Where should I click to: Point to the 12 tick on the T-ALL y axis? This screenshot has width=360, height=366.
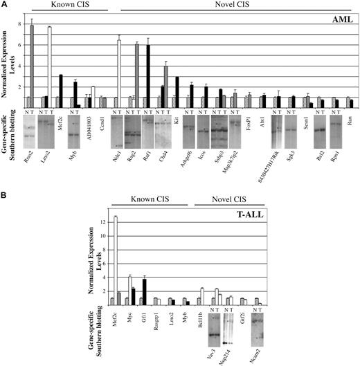click(98, 221)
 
